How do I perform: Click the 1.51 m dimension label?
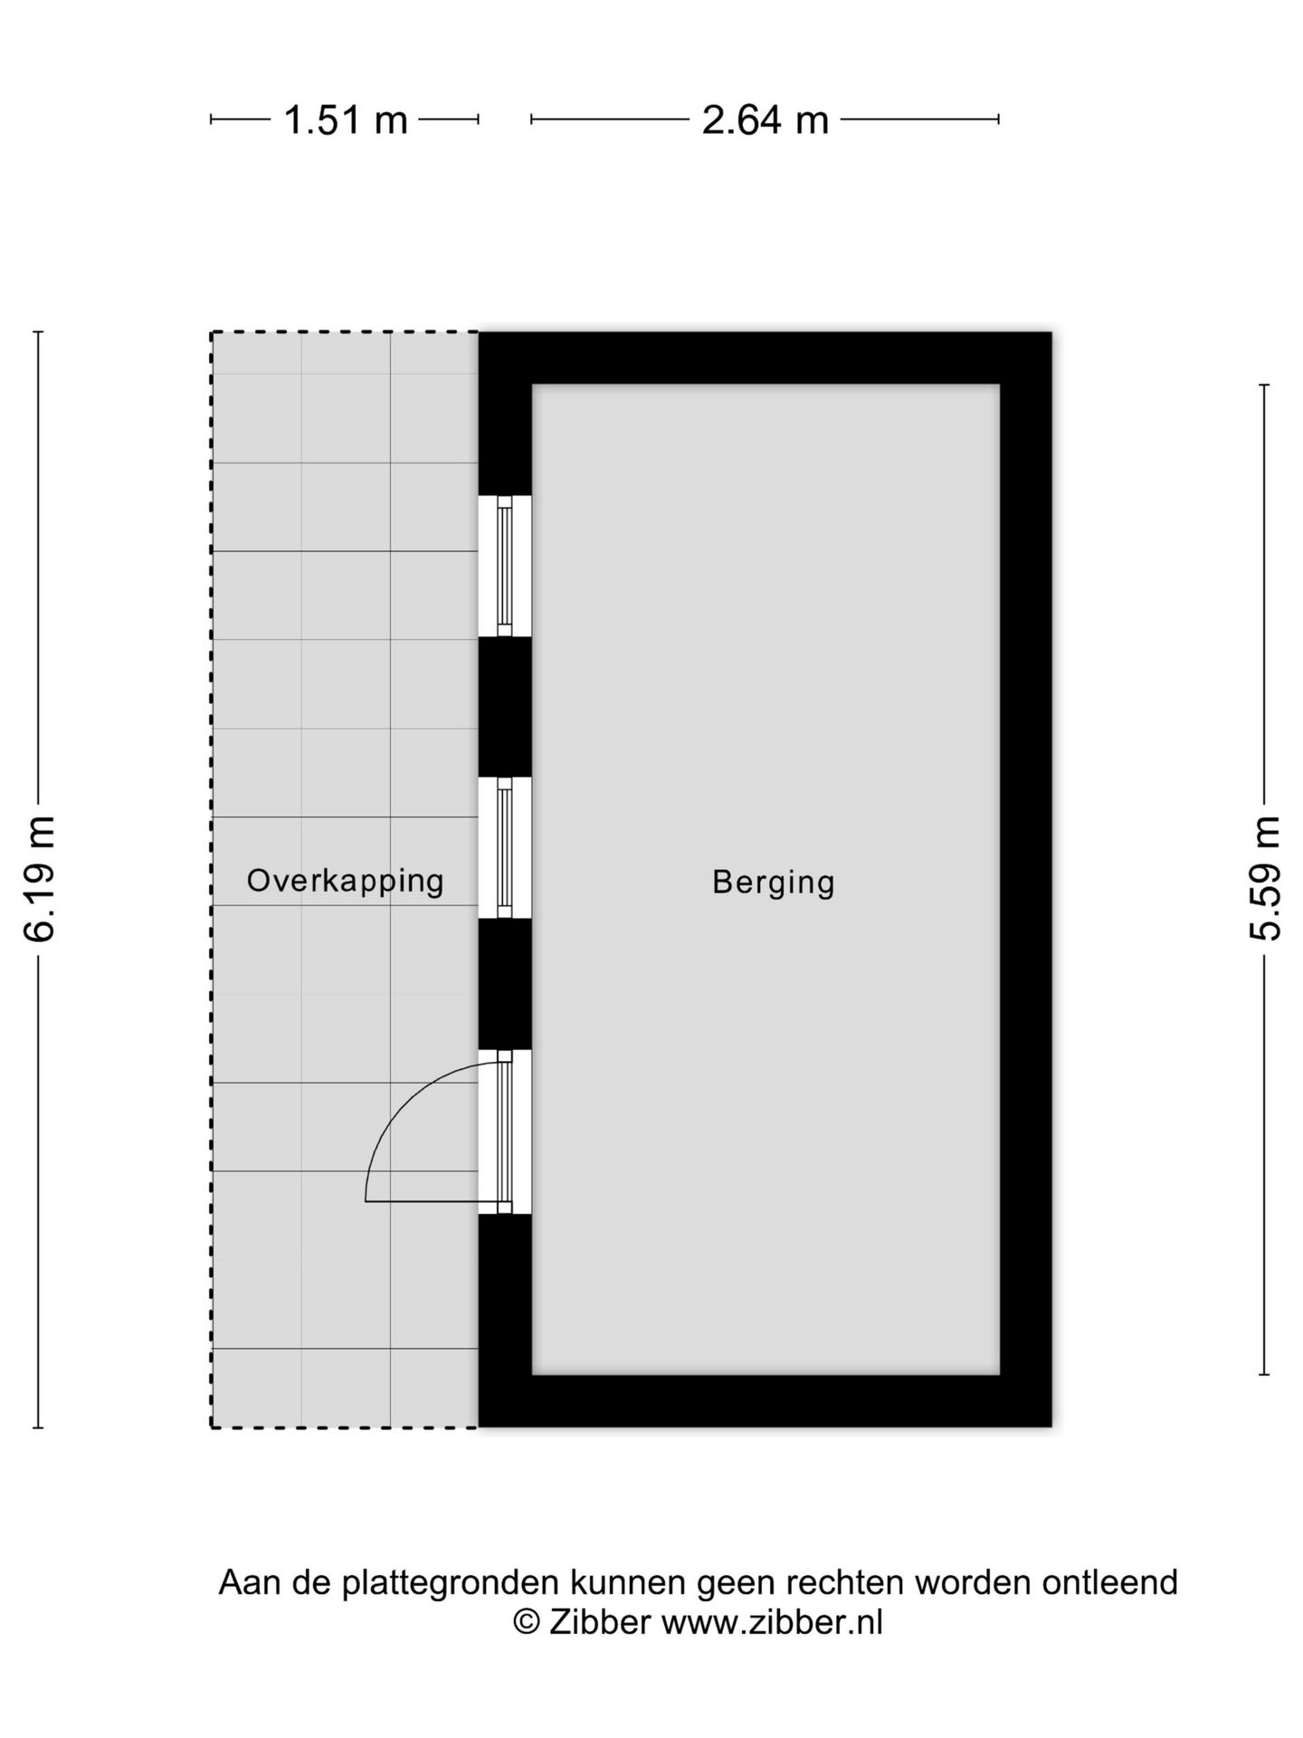[346, 119]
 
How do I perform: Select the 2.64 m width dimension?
[766, 119]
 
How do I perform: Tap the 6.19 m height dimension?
[41, 879]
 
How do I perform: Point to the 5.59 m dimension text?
[1265, 879]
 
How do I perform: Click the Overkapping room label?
[345, 881]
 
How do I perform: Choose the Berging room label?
[774, 883]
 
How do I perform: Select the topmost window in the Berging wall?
[505, 566]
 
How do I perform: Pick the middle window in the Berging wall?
[505, 847]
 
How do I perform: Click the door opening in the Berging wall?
[505, 1132]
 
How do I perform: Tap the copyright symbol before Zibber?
[526, 1621]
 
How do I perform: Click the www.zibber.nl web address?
[772, 1621]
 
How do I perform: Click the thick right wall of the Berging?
[1026, 879]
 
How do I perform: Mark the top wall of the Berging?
[766, 358]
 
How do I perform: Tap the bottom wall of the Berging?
[766, 1400]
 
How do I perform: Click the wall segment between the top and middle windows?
[505, 707]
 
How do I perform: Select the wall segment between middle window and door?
[505, 984]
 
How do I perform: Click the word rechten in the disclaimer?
[845, 1581]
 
